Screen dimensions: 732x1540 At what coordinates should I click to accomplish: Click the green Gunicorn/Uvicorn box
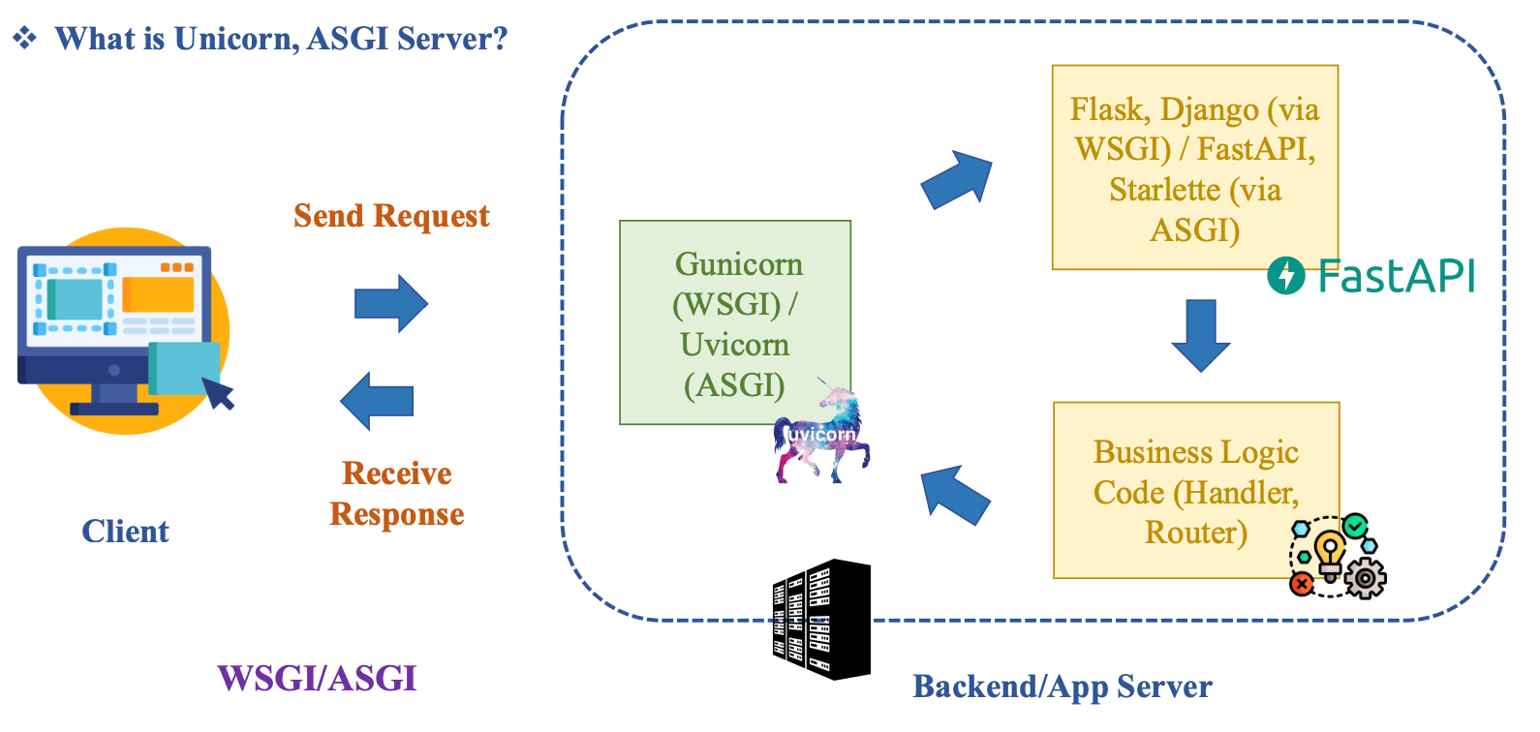click(x=734, y=322)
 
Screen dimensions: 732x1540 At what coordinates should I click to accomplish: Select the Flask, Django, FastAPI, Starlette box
click(x=1194, y=167)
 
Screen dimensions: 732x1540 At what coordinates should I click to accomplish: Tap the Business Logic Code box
click(x=1195, y=490)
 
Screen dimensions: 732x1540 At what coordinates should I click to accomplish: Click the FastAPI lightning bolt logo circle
click(x=1286, y=276)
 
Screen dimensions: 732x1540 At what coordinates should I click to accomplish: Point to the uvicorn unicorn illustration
click(x=823, y=436)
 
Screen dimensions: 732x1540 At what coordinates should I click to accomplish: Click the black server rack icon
click(x=821, y=620)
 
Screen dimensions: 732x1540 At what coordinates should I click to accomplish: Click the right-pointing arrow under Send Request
click(x=390, y=303)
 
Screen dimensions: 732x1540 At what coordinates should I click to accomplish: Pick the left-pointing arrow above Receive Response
click(x=378, y=401)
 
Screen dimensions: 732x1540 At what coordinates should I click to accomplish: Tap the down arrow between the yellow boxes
click(x=1201, y=335)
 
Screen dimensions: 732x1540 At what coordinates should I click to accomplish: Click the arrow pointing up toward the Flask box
click(x=957, y=180)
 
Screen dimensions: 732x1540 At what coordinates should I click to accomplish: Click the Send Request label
click(x=391, y=215)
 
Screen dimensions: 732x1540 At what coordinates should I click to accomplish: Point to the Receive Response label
click(x=397, y=494)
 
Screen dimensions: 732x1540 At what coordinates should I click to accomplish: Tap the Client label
click(x=125, y=532)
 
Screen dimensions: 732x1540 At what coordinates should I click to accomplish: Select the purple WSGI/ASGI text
click(x=317, y=678)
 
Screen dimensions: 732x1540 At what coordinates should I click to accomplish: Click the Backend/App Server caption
click(x=1062, y=686)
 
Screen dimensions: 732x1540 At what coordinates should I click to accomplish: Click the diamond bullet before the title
click(x=24, y=38)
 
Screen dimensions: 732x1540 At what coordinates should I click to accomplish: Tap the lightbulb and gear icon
click(x=1338, y=557)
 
